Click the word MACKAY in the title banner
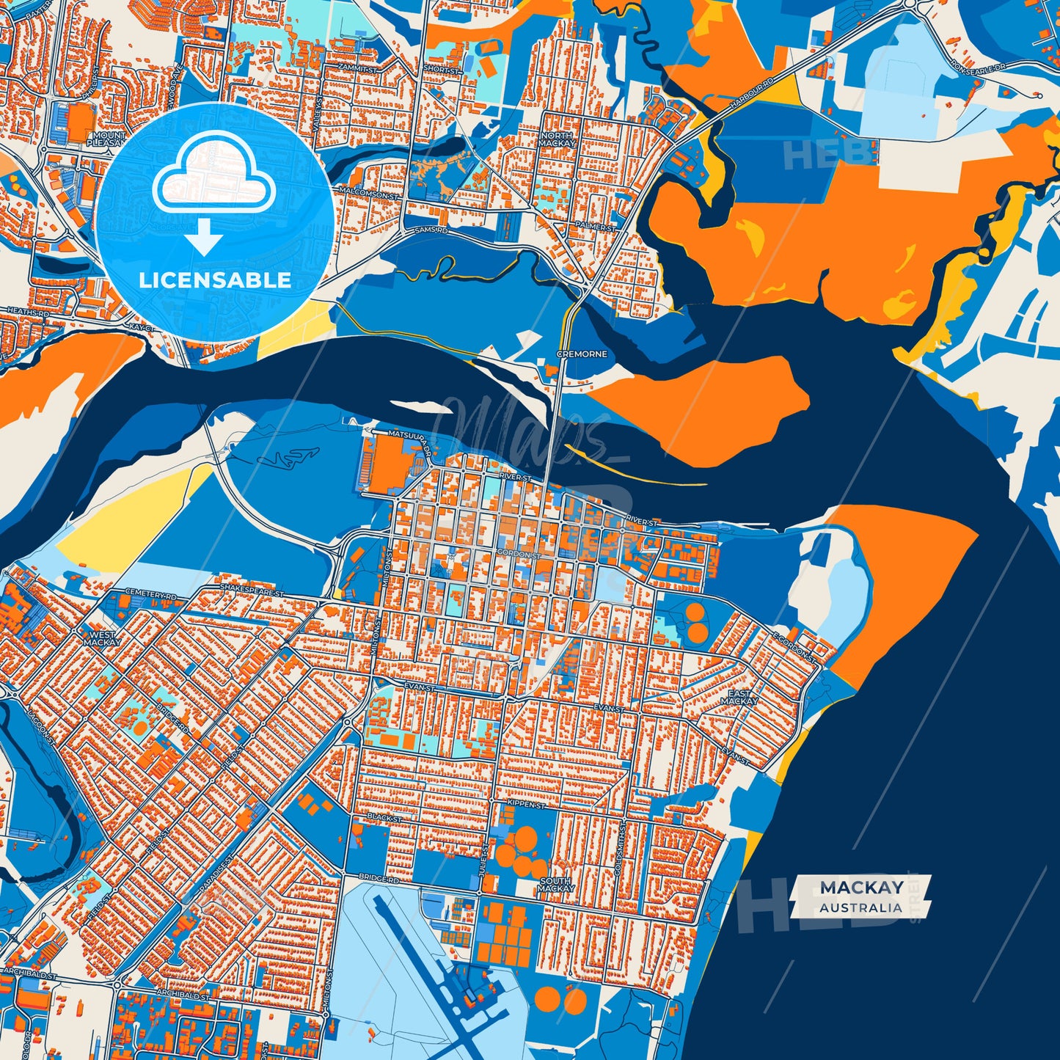(x=861, y=888)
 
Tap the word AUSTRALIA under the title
(x=861, y=907)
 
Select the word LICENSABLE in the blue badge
(x=215, y=280)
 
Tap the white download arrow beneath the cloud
(x=204, y=236)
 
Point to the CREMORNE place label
(x=582, y=354)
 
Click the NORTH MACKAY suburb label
(x=557, y=139)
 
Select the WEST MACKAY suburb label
(x=101, y=638)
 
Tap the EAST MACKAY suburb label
(x=739, y=697)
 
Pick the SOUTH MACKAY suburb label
(x=555, y=885)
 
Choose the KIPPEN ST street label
(x=526, y=805)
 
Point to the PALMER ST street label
(x=596, y=227)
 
